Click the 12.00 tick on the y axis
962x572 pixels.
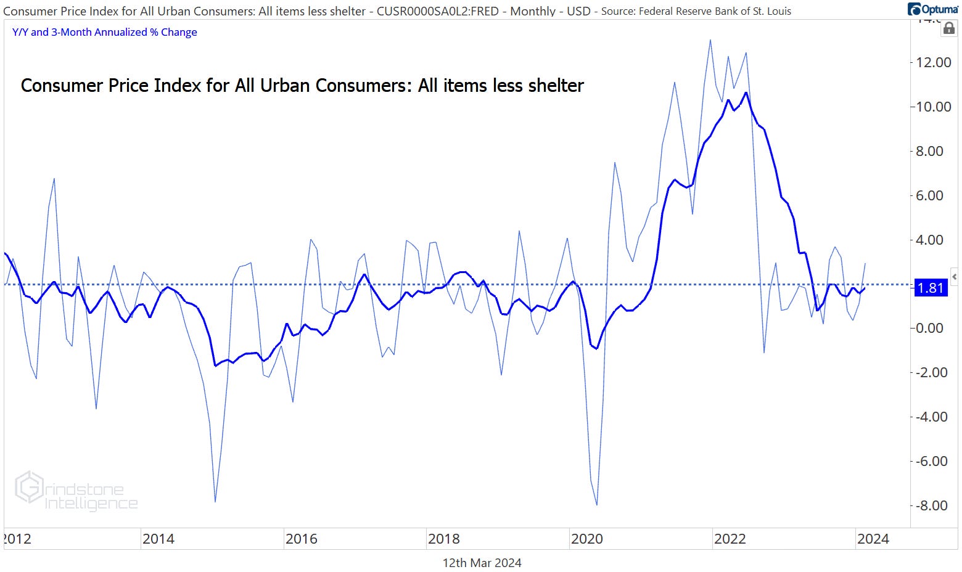(934, 62)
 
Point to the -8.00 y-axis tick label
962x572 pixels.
(931, 505)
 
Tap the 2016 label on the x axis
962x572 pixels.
(301, 539)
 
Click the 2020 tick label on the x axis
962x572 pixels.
(586, 539)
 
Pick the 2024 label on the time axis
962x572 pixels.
(873, 539)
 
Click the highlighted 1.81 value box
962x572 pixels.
(930, 288)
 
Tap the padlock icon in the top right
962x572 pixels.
(949, 28)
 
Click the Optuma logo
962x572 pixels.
(932, 9)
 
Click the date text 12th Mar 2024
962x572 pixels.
(482, 563)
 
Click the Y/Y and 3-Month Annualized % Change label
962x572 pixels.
(105, 32)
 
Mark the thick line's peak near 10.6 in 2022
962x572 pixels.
(746, 92)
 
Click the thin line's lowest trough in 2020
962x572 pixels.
(597, 505)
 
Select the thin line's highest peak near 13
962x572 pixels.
(710, 40)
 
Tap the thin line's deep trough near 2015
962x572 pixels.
(215, 501)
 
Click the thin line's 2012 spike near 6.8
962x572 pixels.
(54, 179)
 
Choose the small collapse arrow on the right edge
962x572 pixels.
(954, 277)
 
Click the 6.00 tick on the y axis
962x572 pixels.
(934, 195)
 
